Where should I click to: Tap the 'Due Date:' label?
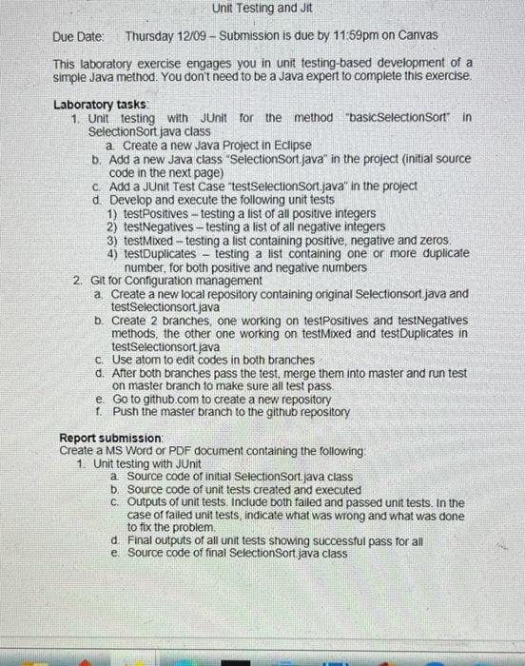coord(79,36)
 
